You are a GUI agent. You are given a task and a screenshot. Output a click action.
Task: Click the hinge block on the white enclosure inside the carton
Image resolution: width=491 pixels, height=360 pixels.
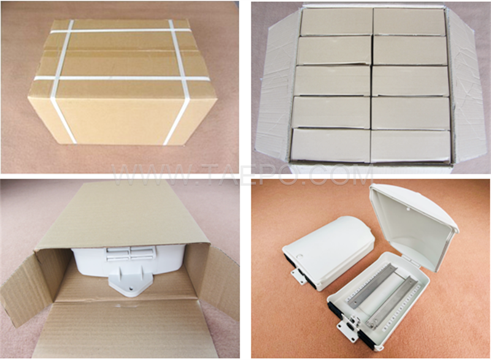pos(130,253)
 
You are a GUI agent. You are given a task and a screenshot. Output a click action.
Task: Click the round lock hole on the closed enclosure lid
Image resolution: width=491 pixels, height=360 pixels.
pos(301,257)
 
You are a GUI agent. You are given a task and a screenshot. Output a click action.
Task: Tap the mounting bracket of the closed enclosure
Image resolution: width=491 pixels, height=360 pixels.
pos(298,277)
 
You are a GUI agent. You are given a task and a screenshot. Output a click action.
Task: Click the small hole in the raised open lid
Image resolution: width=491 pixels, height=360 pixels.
pos(408,209)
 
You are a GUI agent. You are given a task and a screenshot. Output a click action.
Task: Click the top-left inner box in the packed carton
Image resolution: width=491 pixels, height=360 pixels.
pos(336,22)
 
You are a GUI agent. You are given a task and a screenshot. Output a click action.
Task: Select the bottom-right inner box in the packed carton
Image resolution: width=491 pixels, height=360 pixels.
pos(411,147)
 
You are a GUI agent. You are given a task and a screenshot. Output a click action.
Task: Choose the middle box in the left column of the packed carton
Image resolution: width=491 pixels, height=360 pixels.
pos(333,81)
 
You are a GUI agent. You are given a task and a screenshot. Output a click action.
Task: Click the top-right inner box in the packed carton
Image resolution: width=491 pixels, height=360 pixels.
pos(409,22)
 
